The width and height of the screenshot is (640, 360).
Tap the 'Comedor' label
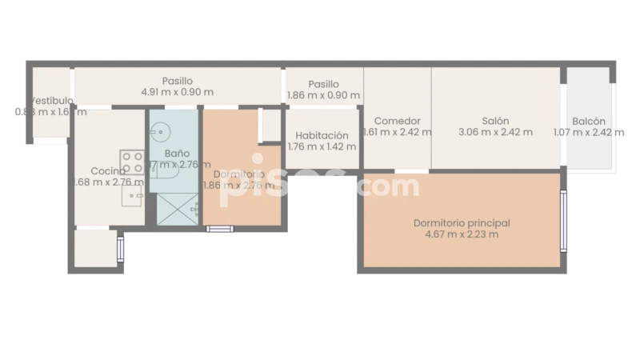(x=398, y=121)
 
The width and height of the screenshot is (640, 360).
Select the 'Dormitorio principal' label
(x=462, y=223)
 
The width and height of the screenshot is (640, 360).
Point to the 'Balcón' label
(x=588, y=121)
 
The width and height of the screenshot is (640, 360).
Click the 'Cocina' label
(x=107, y=170)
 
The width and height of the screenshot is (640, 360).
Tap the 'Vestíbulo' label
(x=52, y=101)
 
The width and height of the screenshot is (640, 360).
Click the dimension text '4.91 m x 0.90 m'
(x=177, y=92)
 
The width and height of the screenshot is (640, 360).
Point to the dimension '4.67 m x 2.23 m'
(x=462, y=234)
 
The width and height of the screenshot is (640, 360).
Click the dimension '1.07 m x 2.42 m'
(x=588, y=132)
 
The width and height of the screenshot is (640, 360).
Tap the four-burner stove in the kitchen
(x=133, y=162)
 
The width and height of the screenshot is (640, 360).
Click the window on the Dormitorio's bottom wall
(x=219, y=229)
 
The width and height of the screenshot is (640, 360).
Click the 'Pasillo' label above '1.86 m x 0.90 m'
(x=323, y=84)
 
